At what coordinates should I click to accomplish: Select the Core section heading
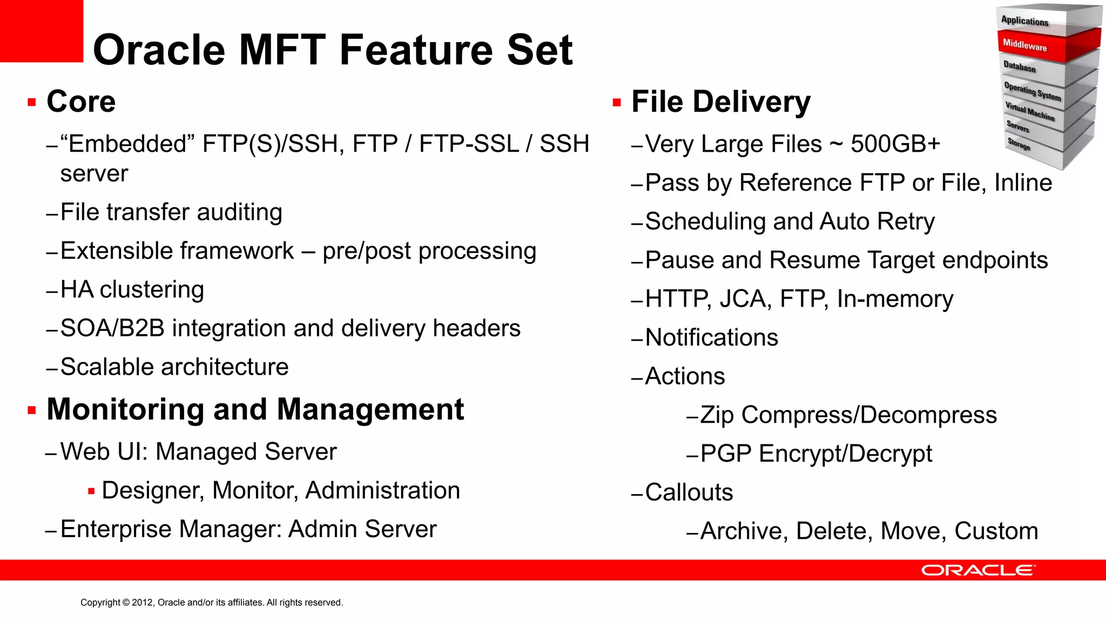(x=81, y=102)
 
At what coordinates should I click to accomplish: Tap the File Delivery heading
(x=720, y=102)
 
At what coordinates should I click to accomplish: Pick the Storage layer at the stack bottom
(x=1019, y=144)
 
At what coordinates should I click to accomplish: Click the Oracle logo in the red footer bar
(x=978, y=570)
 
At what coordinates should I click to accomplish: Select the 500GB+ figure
(x=895, y=144)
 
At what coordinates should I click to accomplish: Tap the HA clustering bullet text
(x=132, y=290)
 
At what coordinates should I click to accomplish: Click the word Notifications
(x=711, y=338)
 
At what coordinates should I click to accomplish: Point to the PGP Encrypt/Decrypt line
(x=815, y=454)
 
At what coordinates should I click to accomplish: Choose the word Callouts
(x=689, y=492)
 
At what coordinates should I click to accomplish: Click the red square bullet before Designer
(x=91, y=491)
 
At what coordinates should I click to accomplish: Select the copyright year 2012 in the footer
(x=143, y=603)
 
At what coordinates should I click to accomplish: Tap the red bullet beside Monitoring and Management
(x=32, y=411)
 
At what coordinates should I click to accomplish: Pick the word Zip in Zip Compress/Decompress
(x=717, y=415)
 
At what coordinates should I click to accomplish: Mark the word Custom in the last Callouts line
(x=996, y=531)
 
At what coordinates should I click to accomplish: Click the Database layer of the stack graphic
(x=1020, y=67)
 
